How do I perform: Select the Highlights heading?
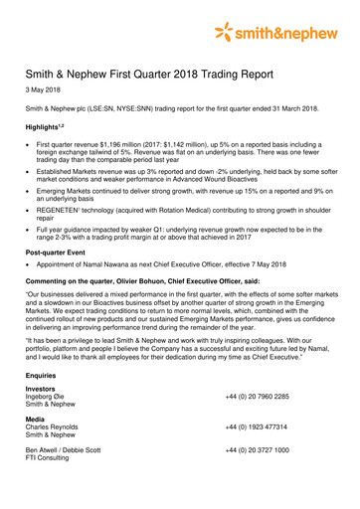click(50, 128)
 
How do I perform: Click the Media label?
click(37, 420)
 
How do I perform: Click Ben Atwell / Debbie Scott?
click(69, 450)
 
